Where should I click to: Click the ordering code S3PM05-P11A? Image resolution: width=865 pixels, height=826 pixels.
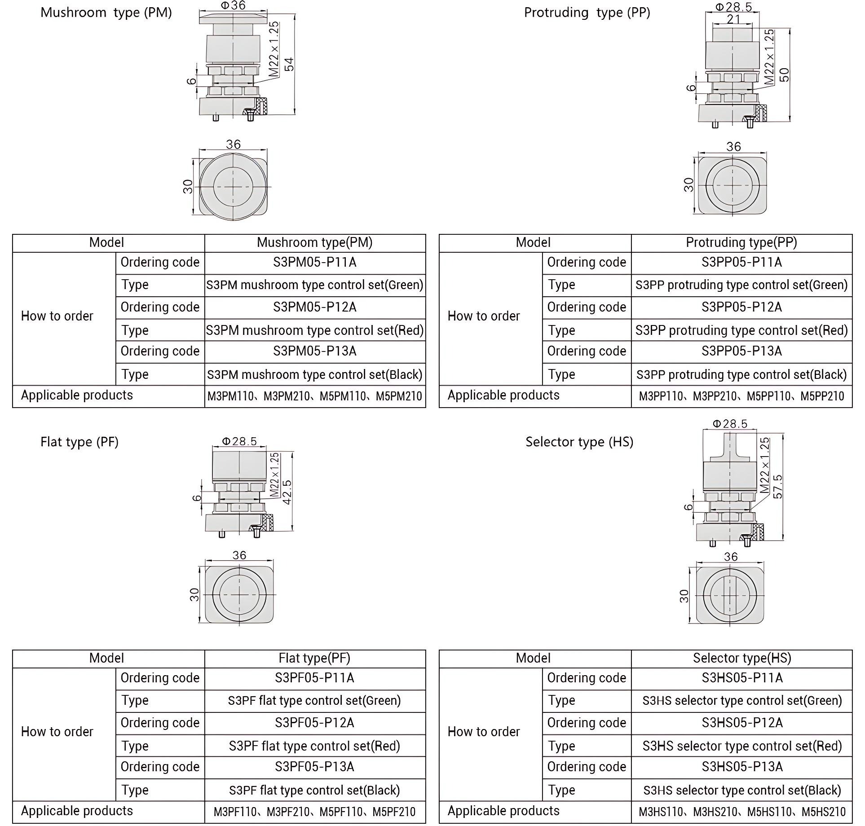[314, 262]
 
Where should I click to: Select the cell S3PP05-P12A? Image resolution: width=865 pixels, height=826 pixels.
[741, 307]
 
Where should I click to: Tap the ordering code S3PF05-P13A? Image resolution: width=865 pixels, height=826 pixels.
[314, 767]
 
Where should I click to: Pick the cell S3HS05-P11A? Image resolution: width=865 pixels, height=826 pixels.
[742, 678]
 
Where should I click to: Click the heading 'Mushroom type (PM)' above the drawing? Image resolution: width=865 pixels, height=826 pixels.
[106, 13]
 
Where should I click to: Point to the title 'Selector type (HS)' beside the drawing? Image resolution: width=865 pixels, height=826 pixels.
[579, 442]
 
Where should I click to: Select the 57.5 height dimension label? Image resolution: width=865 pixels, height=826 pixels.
[778, 486]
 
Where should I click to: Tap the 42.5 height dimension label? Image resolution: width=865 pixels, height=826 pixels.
[287, 492]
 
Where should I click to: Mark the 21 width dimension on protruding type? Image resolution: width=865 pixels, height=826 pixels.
[733, 19]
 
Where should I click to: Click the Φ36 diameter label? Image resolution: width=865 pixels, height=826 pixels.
[233, 5]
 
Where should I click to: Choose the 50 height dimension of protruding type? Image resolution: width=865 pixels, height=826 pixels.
[784, 75]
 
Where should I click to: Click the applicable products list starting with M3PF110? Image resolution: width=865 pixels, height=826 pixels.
[314, 812]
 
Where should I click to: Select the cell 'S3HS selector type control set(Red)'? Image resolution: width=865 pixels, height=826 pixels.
[742, 746]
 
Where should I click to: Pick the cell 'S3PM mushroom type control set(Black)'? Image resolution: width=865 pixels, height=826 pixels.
[314, 374]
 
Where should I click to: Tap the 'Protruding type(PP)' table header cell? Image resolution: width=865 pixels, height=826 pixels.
[741, 242]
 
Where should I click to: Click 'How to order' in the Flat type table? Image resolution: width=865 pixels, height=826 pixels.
[57, 732]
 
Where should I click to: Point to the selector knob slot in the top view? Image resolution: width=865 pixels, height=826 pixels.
[731, 595]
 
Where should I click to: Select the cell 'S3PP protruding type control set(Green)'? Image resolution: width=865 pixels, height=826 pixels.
[741, 285]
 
